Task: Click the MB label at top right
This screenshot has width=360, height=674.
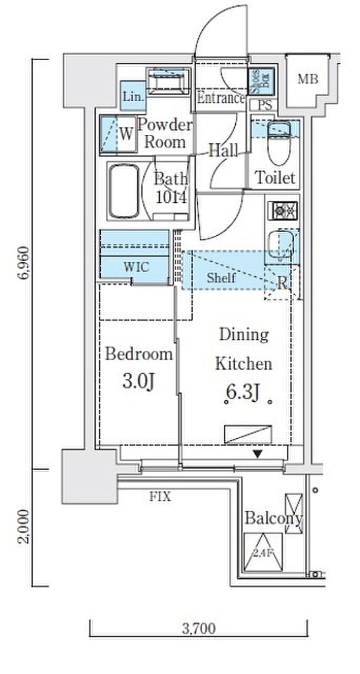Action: (308, 79)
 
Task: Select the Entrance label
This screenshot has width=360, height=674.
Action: (221, 98)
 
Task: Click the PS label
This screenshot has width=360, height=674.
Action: (265, 105)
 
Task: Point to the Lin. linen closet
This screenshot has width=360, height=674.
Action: (133, 96)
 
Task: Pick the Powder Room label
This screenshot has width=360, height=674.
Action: (164, 133)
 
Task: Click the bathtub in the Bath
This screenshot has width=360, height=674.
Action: (124, 191)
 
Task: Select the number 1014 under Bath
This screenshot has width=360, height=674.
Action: (172, 197)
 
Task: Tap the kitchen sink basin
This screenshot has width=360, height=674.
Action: (281, 244)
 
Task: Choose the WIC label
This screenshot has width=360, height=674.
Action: (136, 266)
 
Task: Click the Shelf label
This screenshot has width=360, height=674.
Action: (221, 277)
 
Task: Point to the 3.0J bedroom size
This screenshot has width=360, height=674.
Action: (138, 381)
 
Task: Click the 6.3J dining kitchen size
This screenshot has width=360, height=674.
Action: (243, 392)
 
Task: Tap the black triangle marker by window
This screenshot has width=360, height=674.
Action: (258, 453)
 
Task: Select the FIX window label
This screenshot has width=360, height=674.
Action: (161, 497)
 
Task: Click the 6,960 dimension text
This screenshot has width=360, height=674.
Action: (24, 263)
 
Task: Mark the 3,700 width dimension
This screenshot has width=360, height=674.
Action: (199, 629)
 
